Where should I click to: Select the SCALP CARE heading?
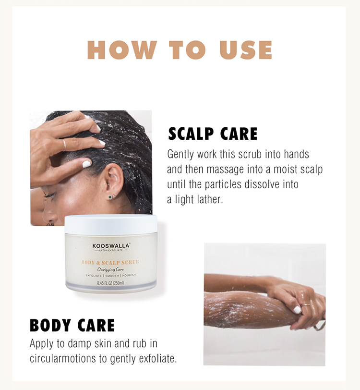coord(213,134)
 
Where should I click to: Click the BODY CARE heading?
coord(72,325)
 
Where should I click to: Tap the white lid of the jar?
coord(110,224)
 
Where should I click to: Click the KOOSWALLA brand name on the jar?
coord(111,246)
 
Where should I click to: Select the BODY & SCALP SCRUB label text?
coord(110,262)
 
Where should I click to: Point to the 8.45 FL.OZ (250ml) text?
coord(111,283)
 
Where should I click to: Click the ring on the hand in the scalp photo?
coord(64,144)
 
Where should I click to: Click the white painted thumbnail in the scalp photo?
coord(87,164)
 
